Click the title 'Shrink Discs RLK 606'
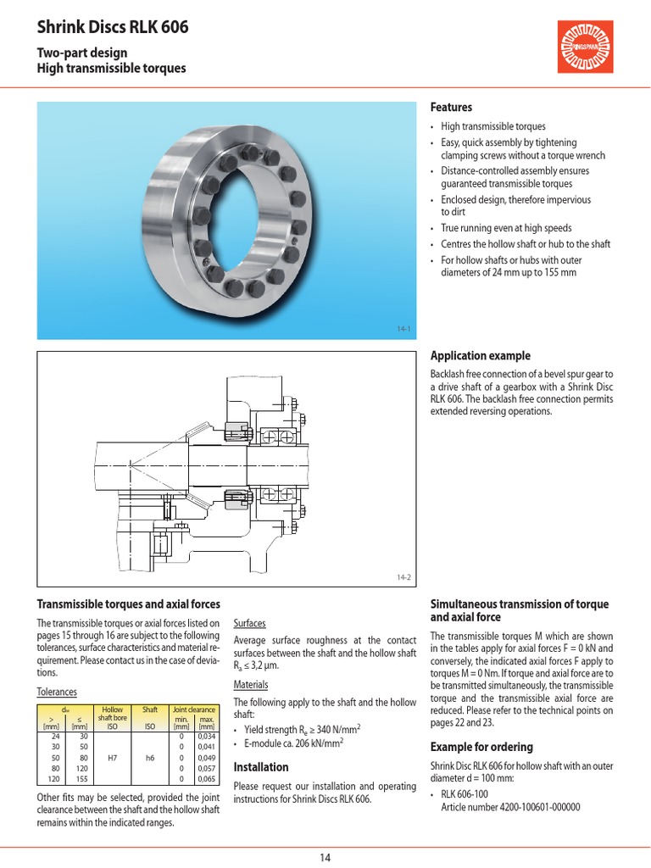point(112,28)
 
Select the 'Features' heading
point(451,108)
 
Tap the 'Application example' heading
point(481,356)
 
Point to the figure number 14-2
point(403,578)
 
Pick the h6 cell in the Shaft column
point(149,757)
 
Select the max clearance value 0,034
point(206,737)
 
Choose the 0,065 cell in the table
point(206,777)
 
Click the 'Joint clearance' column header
point(193,709)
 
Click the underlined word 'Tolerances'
point(56,692)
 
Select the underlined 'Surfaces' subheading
point(249,622)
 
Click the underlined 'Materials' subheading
point(250,684)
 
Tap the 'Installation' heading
point(260,767)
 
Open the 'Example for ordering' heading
point(481,747)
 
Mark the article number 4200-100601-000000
point(510,807)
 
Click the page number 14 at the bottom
point(325,857)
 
